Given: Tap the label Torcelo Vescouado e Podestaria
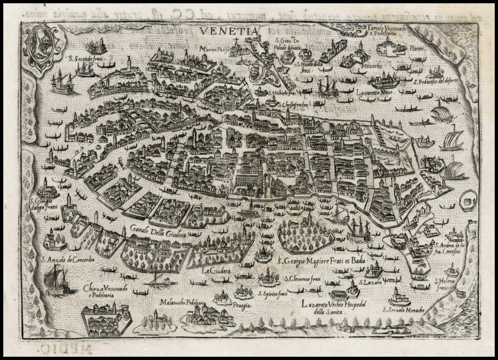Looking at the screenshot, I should pos(385,30).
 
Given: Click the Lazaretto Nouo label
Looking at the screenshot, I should pos(375,92).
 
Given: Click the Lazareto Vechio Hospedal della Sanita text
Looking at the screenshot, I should pos(334,307).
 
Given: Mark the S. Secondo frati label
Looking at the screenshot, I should pos(86,59).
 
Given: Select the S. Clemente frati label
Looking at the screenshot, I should pos(302,280).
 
